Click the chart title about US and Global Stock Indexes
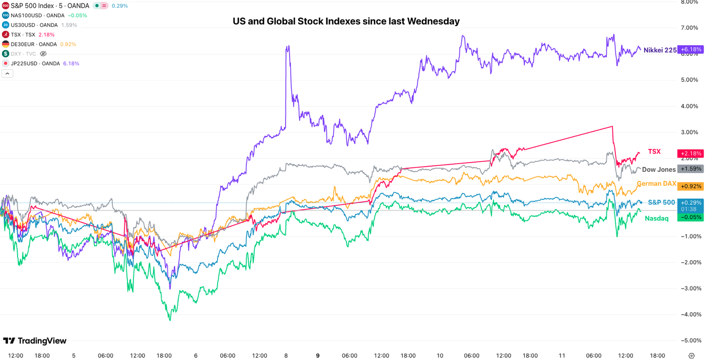346,22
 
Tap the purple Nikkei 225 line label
660,50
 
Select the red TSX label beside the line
654,152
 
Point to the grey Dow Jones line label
659,170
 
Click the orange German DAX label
657,184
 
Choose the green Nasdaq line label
657,218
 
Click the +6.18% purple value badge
690,49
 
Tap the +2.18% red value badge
690,153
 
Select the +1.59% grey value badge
690,169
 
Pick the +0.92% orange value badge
690,186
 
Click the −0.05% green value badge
690,217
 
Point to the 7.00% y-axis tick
689,27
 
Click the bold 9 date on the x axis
318,355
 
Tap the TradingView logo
35,341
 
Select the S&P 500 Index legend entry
50,6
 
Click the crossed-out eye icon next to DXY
43,54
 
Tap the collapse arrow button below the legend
8,74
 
